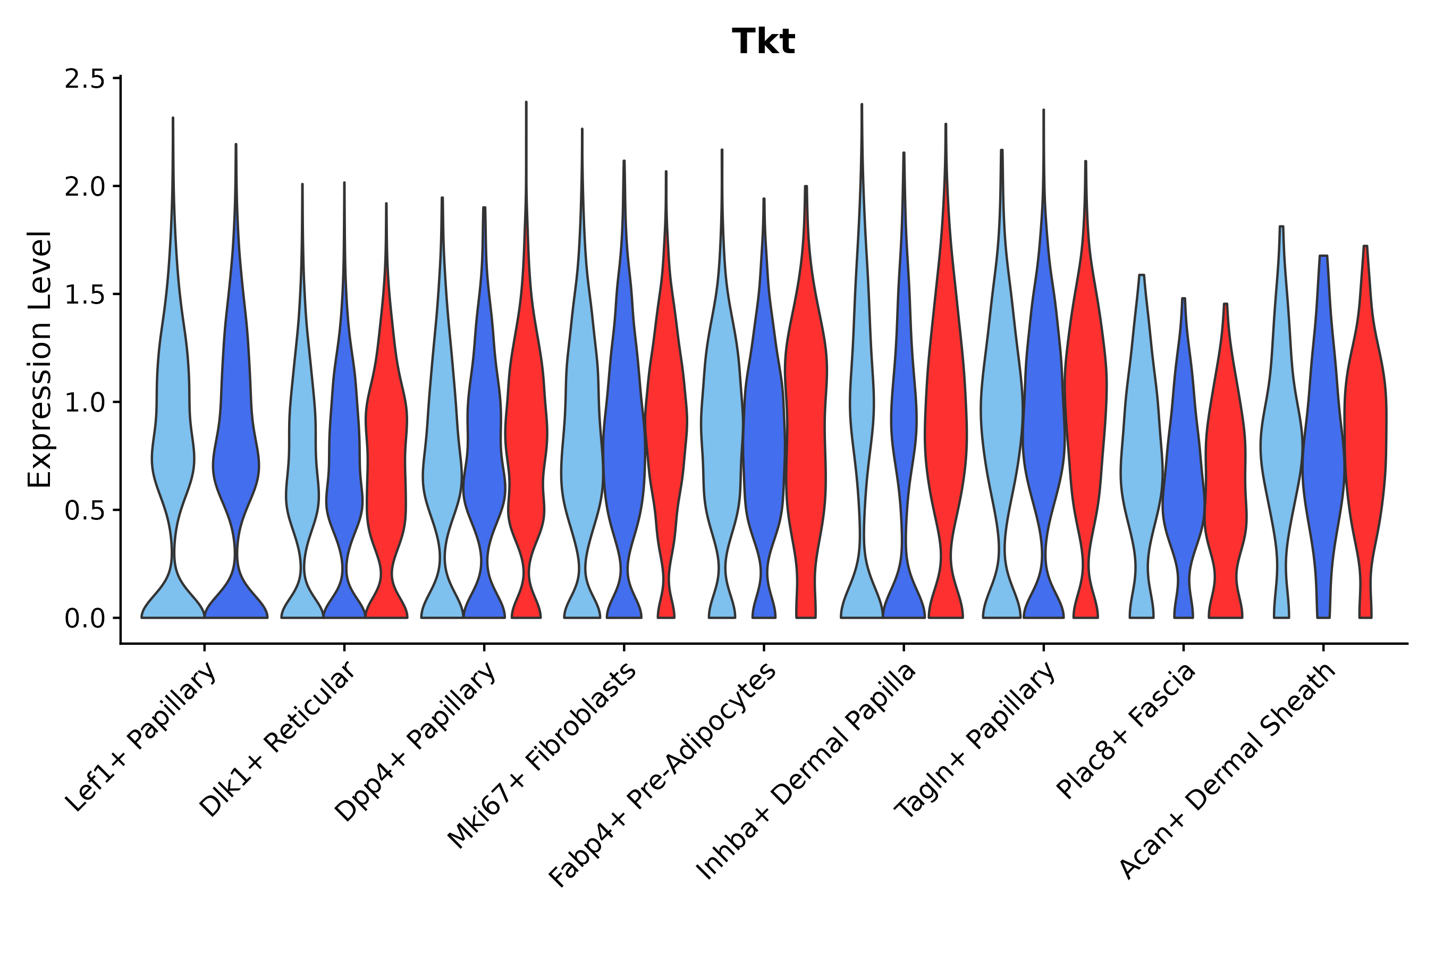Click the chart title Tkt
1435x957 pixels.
(x=763, y=43)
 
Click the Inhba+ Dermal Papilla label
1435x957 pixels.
(x=807, y=771)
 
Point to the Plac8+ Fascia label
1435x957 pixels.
(x=1126, y=731)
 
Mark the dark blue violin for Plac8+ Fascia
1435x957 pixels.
(x=1183, y=488)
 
